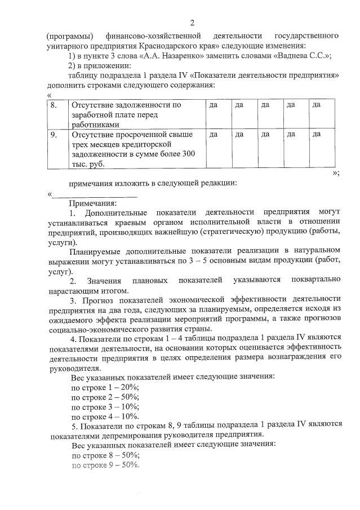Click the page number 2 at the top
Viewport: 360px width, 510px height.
(192, 23)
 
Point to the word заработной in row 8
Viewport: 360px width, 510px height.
(92, 114)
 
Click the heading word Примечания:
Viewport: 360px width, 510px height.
(93, 203)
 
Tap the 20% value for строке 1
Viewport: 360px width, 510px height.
(131, 387)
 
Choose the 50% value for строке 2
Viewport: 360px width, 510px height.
(131, 397)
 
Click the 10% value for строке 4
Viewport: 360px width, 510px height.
(131, 416)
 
